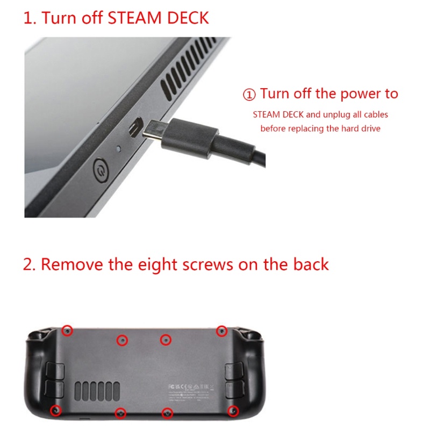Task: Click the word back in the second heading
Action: (310, 264)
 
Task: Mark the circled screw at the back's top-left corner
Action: (67, 330)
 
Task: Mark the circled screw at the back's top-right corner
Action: (221, 331)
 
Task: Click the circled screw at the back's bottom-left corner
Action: (55, 411)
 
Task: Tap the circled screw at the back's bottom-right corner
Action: (233, 411)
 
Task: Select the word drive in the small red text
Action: (370, 129)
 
